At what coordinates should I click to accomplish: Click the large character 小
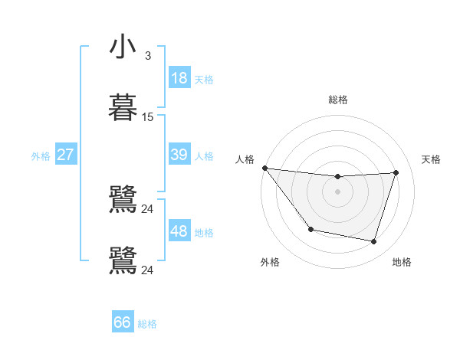coord(123,47)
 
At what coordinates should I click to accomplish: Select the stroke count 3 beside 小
coord(148,55)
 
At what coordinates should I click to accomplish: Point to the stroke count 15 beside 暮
coord(148,117)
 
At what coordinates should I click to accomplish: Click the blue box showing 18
coord(179,78)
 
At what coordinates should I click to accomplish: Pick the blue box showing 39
coord(179,155)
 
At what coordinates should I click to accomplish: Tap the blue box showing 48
coord(179,231)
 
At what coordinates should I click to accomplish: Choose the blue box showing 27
coord(66,155)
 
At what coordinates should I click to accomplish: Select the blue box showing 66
coord(123,322)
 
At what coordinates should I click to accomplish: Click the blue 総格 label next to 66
coord(147,324)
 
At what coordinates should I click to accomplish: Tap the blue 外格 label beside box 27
coord(41,155)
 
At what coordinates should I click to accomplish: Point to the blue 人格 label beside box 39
coord(204,155)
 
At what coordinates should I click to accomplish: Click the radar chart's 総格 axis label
coord(338,100)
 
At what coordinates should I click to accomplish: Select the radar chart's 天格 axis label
coord(432,159)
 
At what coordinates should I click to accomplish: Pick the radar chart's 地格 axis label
coord(402,263)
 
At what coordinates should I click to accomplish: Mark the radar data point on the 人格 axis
coord(264,168)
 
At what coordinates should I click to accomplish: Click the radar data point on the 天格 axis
coord(396,173)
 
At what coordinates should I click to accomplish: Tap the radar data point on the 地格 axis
coord(374,242)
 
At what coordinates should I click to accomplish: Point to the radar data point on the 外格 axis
coord(310,229)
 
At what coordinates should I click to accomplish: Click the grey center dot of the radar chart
coord(338,191)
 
